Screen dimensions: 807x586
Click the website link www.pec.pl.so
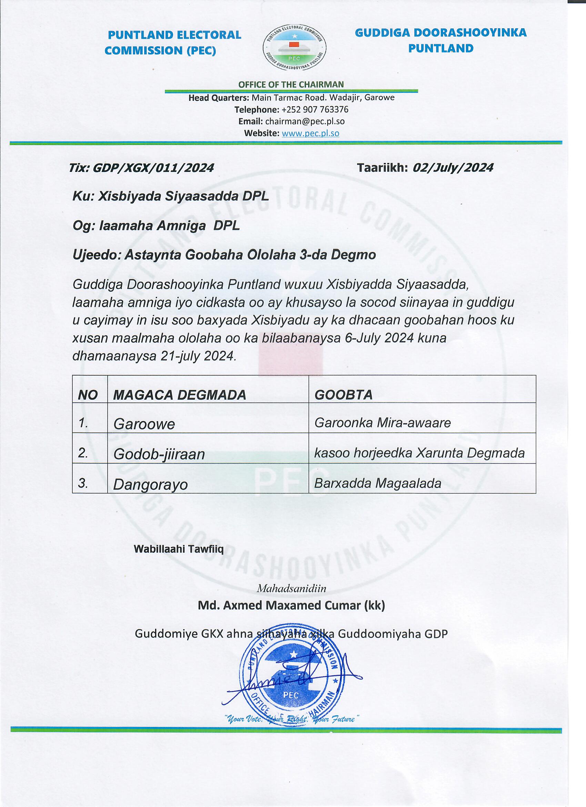pos(310,134)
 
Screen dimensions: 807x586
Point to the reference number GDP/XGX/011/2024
pos(153,168)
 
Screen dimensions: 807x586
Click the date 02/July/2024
pos(453,168)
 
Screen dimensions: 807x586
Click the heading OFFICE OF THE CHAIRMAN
pos(291,84)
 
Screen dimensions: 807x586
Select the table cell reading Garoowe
pos(144,424)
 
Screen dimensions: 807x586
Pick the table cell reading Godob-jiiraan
pos(159,454)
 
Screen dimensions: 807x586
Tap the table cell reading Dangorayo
pos(150,485)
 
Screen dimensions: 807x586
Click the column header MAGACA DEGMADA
pos(180,395)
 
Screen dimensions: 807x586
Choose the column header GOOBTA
pos(343,395)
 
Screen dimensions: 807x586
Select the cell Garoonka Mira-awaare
pos(382,423)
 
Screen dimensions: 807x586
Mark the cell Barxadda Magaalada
pos(377,483)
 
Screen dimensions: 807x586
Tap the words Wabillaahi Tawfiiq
pos(179,549)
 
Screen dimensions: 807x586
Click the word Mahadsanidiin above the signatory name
pos(291,588)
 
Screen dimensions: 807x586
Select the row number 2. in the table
pos(83,453)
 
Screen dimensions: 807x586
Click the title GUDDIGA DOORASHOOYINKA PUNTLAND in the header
pos(441,41)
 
